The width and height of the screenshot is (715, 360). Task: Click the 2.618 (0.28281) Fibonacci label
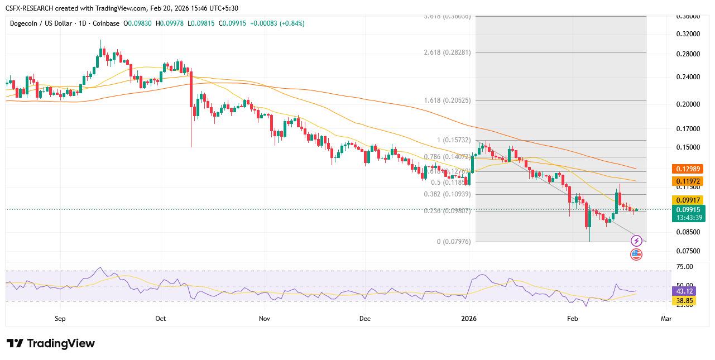(x=447, y=52)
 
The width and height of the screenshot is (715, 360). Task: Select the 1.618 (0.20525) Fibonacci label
(x=447, y=100)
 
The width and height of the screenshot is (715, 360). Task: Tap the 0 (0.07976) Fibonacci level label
(x=454, y=242)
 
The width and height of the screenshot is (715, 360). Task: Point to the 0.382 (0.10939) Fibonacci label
(x=447, y=194)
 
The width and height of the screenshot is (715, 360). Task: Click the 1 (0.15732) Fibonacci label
(x=454, y=140)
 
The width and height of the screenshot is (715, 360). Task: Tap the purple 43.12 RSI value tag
(x=684, y=291)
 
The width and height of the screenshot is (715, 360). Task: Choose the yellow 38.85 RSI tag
(x=684, y=301)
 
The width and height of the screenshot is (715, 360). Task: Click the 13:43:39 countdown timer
(x=688, y=217)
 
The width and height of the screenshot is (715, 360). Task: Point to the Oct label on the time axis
(x=161, y=319)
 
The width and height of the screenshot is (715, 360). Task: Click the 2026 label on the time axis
(x=469, y=319)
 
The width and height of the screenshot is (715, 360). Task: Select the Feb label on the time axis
(x=572, y=319)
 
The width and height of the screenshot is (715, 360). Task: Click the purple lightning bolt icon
(x=636, y=241)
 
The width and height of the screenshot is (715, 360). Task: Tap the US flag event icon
(x=636, y=255)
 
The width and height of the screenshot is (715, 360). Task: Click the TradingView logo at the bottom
(x=51, y=343)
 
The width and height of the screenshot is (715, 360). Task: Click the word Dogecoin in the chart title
(x=27, y=23)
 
